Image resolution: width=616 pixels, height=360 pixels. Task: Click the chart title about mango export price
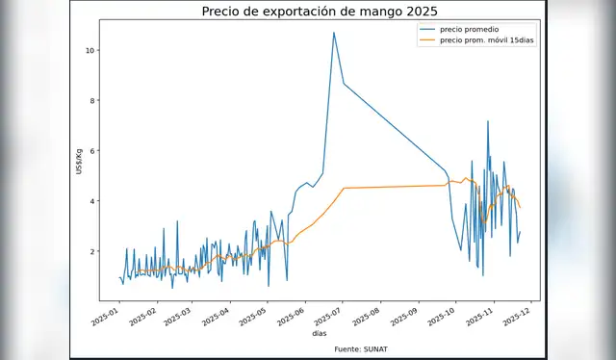pos(319,12)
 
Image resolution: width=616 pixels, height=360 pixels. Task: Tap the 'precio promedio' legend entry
pos(468,31)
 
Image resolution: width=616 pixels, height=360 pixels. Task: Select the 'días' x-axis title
pos(319,333)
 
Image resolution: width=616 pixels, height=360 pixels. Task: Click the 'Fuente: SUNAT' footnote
pos(366,347)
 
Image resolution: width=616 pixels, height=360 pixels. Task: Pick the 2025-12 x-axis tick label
pos(520,314)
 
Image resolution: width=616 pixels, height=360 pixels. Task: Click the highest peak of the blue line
pos(334,33)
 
